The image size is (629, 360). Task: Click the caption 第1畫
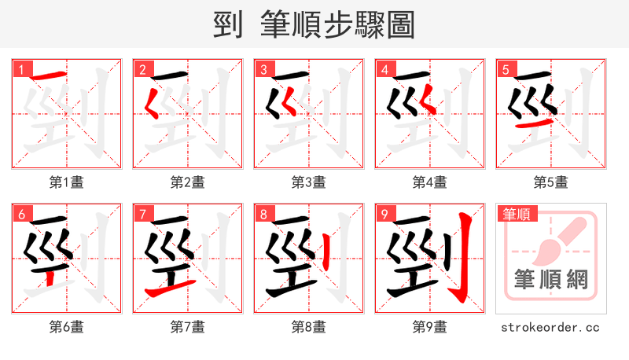point(67,182)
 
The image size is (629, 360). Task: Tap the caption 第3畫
point(309,182)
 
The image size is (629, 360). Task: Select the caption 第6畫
point(67,327)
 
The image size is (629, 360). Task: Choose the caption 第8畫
point(309,327)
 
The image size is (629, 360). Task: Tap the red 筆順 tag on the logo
point(515,214)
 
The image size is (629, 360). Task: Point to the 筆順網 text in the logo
point(551,280)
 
